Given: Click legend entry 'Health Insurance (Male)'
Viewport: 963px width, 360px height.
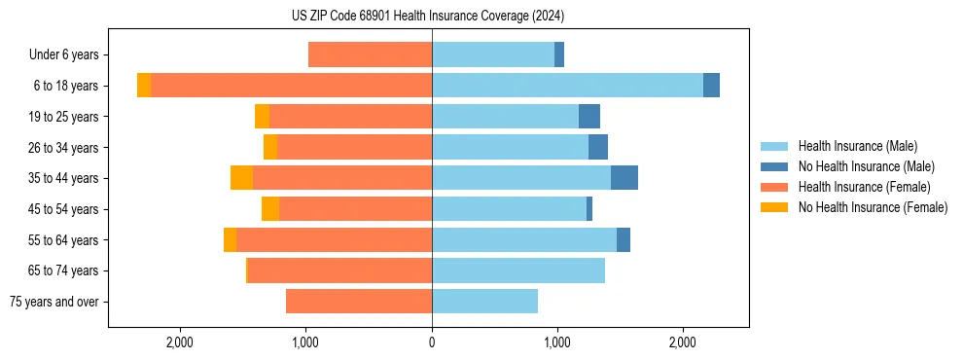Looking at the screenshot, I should pyautogui.click(x=857, y=146).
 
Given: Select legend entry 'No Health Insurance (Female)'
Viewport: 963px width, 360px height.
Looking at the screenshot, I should pyautogui.click(x=873, y=207).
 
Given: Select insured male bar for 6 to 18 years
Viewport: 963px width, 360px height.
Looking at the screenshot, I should pyautogui.click(x=567, y=86).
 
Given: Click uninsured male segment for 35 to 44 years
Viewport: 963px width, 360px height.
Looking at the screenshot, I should pyautogui.click(x=624, y=178).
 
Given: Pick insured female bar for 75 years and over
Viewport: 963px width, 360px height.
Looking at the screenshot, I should pyautogui.click(x=359, y=302).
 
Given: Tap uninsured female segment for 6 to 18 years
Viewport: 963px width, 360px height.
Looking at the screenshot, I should pyautogui.click(x=144, y=86).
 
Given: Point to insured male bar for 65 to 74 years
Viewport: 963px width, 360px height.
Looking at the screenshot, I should pyautogui.click(x=518, y=270).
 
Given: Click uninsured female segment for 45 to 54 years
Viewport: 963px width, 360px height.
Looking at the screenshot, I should pyautogui.click(x=270, y=209).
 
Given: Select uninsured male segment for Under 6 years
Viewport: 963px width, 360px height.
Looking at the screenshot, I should pyautogui.click(x=559, y=55).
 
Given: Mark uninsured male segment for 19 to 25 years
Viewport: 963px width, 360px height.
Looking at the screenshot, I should pyautogui.click(x=589, y=117).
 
